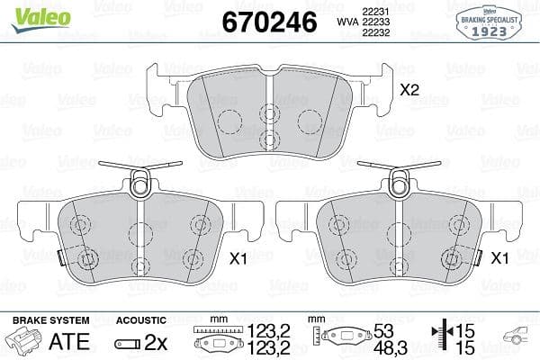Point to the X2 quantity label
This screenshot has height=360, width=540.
pyautogui.click(x=409, y=90)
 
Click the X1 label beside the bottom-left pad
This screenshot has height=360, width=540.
pyautogui.click(x=238, y=259)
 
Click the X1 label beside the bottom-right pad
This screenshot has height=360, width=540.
pyautogui.click(x=499, y=259)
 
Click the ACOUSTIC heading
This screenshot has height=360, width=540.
pyautogui.click(x=141, y=320)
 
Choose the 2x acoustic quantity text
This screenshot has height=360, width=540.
pyautogui.click(x=156, y=342)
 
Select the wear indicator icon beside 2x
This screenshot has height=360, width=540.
pyautogui.click(x=129, y=342)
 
